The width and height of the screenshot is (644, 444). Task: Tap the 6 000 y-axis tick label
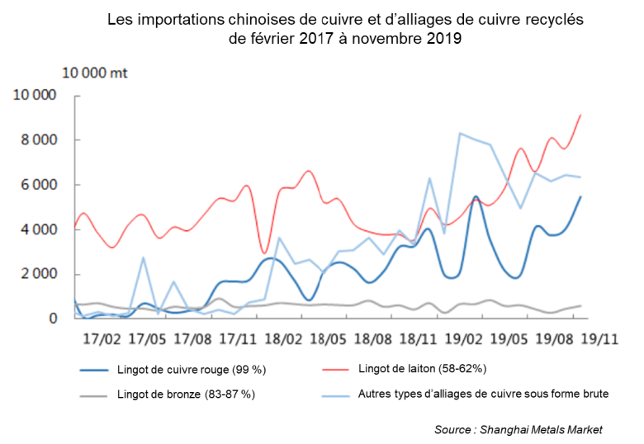pyautogui.click(x=38, y=185)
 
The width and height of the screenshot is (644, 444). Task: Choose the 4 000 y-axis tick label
pyautogui.click(x=38, y=229)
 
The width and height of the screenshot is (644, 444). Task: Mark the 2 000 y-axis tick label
pyautogui.click(x=38, y=274)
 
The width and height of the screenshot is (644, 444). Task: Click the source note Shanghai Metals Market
pyautogui.click(x=519, y=429)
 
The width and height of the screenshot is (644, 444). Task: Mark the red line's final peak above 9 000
pyautogui.click(x=581, y=115)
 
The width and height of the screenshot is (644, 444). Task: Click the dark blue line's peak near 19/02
pyautogui.click(x=476, y=196)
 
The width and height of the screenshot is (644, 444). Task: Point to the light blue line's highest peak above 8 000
pyautogui.click(x=460, y=133)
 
